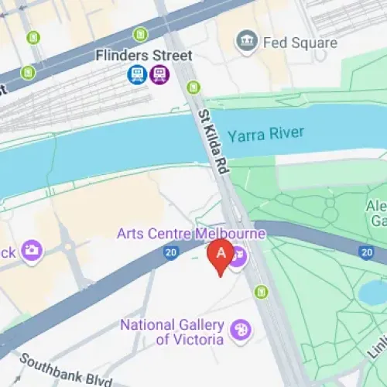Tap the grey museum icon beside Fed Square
247,40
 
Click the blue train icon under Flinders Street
138,74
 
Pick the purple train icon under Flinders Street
159,74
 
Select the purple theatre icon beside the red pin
238,253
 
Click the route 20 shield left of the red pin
170,252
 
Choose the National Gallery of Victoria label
172,331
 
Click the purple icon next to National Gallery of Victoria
241,330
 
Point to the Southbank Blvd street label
66,372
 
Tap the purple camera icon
32,250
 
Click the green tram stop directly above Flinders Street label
140,34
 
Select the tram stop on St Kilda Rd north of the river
193,88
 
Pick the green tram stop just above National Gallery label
261,292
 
